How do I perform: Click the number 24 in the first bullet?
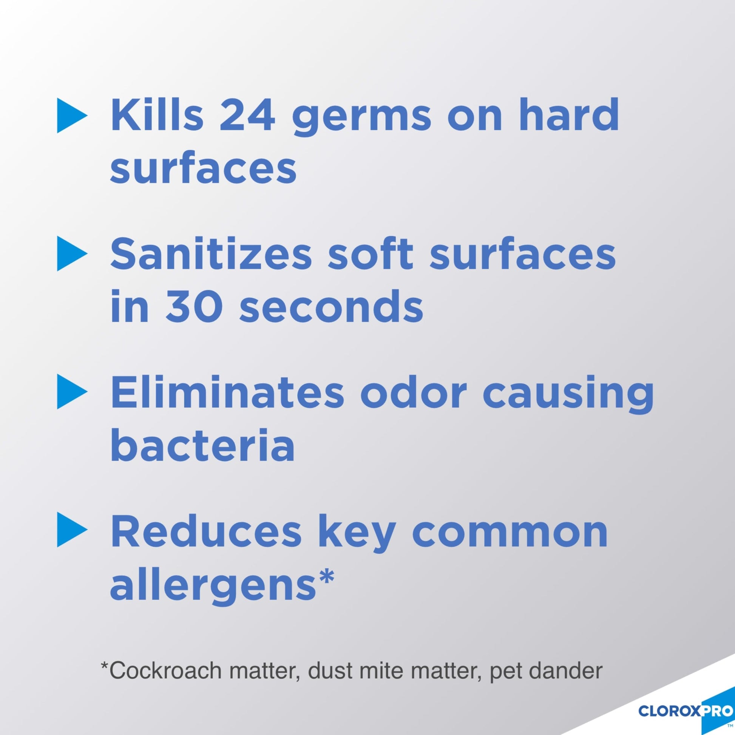248,114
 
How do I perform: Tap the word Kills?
157,114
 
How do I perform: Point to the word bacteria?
202,443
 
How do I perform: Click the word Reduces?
206,531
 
